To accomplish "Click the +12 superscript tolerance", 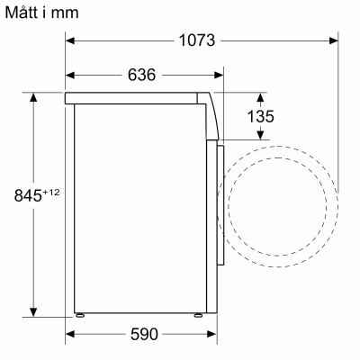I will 52,189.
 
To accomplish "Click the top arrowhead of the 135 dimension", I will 262,96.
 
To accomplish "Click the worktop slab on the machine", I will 135,95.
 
